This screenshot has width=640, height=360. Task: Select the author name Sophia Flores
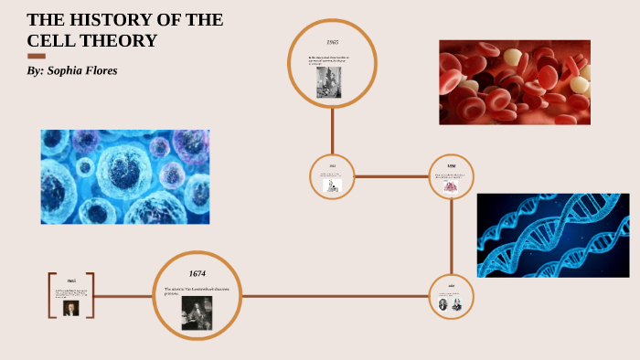pos(84,71)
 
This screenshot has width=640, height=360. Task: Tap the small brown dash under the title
pos(37,57)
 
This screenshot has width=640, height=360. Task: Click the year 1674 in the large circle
pos(197,273)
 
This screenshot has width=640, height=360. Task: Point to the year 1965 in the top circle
pos(333,43)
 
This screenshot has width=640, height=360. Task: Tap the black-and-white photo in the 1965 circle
pos(329,82)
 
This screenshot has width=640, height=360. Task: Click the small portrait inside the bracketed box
pos(70,308)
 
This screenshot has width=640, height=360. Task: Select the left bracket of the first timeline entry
pos(51,295)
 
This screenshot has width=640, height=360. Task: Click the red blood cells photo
pos(514,81)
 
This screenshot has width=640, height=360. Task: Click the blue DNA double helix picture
pos(552,235)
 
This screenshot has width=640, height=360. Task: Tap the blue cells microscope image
pos(125,176)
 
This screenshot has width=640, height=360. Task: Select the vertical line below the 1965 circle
pos(333,128)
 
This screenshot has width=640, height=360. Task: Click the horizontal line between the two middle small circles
pos(391,175)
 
